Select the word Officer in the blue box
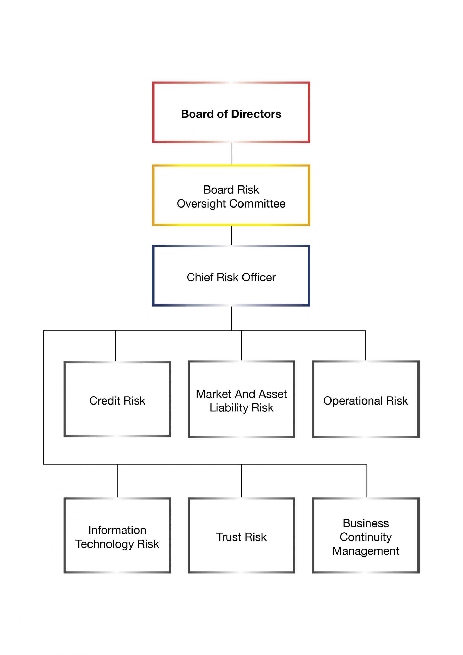tap(259, 277)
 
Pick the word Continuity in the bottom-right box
tap(366, 537)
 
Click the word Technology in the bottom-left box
tap(104, 544)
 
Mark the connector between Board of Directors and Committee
tap(231, 154)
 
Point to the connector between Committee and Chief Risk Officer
tap(231, 235)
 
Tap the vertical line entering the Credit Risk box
tap(116, 346)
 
